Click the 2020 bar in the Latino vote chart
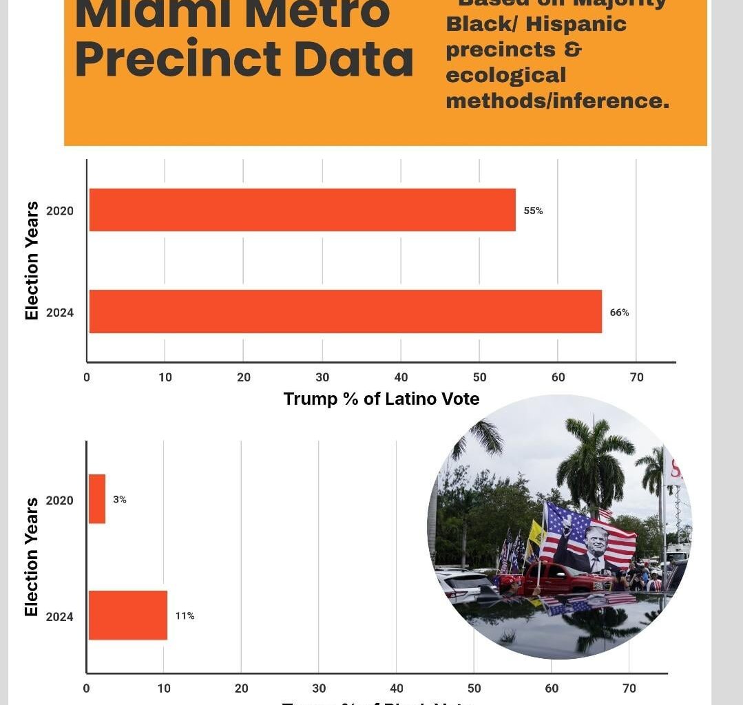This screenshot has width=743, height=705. coord(302,210)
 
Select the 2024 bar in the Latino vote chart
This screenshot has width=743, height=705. coord(345,311)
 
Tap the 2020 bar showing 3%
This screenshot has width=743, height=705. coord(97,499)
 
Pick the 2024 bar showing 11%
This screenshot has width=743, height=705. coord(128,615)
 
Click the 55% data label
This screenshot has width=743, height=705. coord(533,211)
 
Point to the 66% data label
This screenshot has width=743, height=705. coord(619,312)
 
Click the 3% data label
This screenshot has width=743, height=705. coord(120,500)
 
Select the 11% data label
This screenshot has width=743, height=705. coord(185,615)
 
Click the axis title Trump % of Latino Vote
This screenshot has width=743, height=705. coord(381,399)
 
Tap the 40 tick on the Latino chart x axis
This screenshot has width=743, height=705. coord(401,377)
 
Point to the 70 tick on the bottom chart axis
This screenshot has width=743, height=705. coord(629,688)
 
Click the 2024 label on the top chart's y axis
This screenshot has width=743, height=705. coord(60,313)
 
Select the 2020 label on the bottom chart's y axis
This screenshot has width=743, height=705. coord(60,501)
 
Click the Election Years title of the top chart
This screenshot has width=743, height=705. coord(32,260)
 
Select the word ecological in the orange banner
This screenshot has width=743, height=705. coord(505,75)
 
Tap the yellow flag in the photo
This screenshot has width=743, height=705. coord(535,534)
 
